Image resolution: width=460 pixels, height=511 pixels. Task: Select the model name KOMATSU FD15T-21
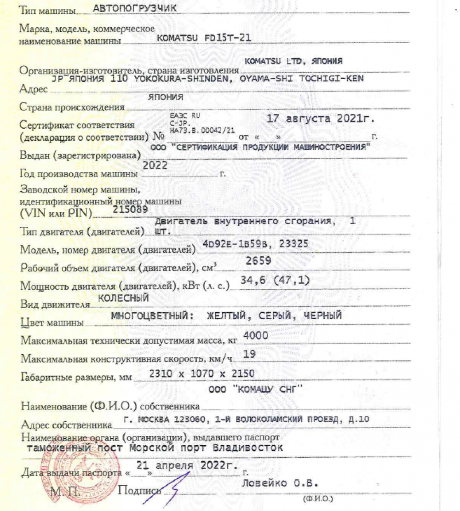point(204,39)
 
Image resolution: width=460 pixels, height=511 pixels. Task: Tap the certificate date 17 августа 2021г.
point(321,119)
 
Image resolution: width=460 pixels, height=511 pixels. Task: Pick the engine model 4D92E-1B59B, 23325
point(255,244)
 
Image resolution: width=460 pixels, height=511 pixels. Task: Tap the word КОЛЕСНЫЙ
point(124,298)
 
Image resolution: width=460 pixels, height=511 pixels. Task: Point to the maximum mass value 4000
point(255,336)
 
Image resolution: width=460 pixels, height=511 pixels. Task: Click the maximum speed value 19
point(249,354)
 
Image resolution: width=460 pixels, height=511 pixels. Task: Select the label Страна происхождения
point(72,107)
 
